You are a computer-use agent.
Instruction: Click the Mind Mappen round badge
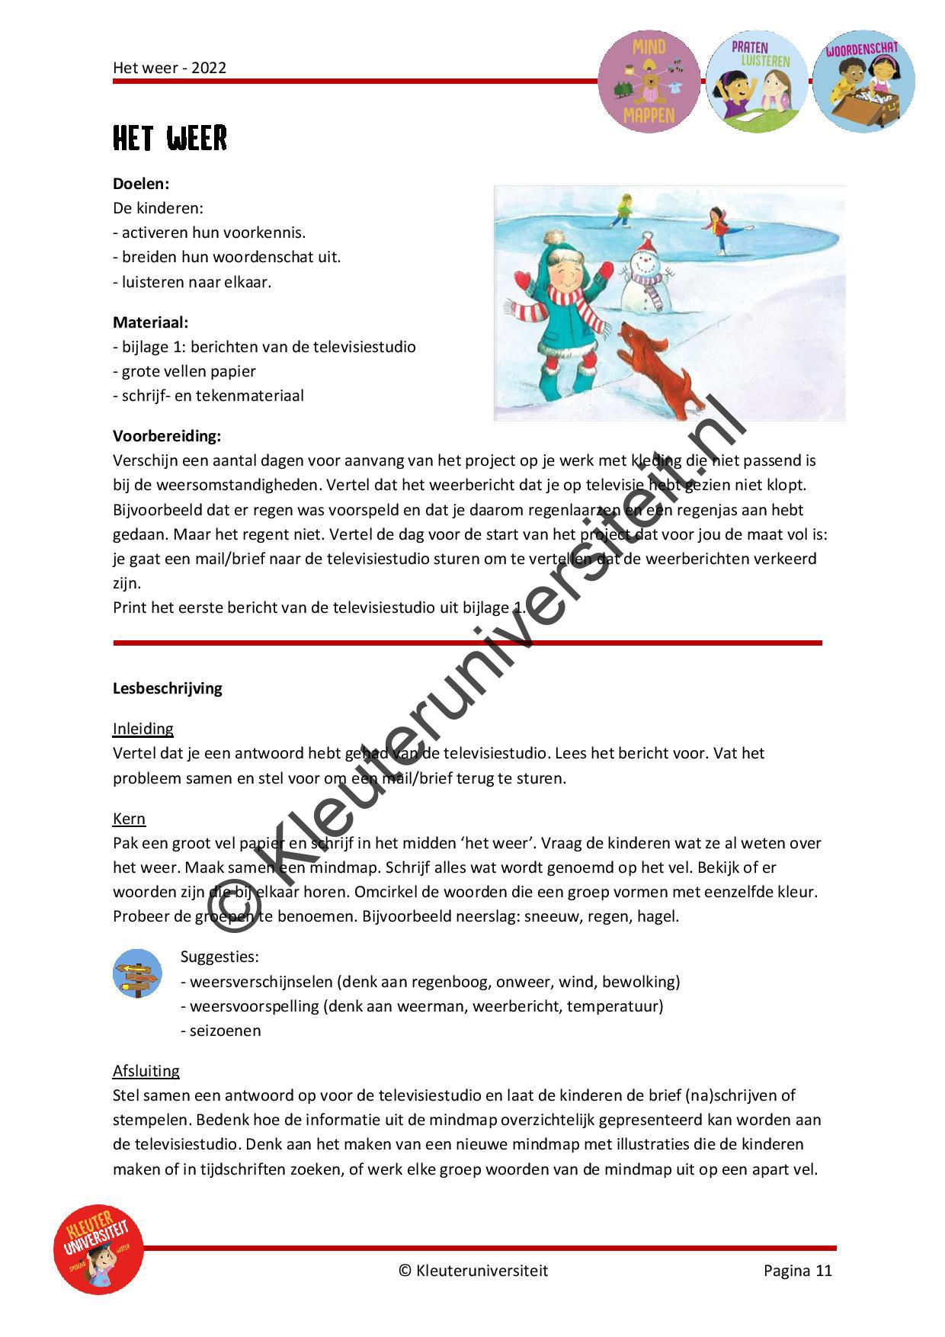(x=649, y=82)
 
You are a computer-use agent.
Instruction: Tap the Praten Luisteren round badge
(x=757, y=82)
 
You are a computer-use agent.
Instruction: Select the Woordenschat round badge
(x=863, y=82)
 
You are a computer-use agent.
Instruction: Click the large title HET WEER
(x=170, y=139)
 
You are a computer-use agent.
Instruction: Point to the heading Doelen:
(x=141, y=184)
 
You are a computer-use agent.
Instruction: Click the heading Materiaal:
(x=151, y=322)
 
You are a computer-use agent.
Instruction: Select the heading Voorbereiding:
(x=167, y=436)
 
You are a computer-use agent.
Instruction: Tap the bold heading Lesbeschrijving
(x=168, y=688)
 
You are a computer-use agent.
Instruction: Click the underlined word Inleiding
(x=143, y=729)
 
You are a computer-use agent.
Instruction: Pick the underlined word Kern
(x=129, y=819)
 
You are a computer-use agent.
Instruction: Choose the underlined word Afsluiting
(x=146, y=1071)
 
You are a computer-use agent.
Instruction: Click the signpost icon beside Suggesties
(x=137, y=973)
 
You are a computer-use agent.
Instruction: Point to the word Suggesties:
(x=219, y=957)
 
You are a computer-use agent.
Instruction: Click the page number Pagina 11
(x=798, y=1271)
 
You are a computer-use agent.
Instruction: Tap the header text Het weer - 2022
(x=170, y=68)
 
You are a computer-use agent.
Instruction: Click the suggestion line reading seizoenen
(x=221, y=1031)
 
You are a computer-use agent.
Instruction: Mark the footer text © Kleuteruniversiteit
(x=473, y=1271)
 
